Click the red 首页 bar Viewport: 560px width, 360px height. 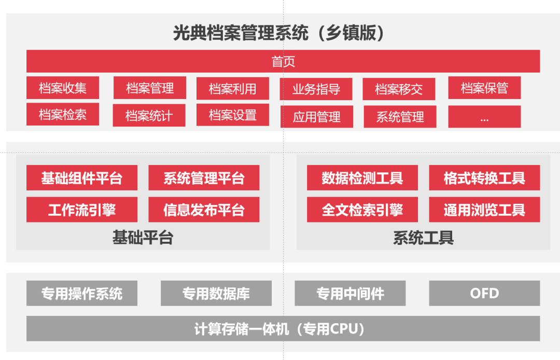(x=283, y=61)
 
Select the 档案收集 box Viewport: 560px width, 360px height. (x=63, y=88)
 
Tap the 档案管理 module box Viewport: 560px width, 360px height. (x=150, y=88)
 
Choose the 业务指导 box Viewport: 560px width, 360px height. (x=316, y=89)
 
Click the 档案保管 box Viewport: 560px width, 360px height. (x=484, y=88)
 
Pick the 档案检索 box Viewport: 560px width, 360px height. (x=63, y=114)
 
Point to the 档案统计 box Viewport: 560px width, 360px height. (x=149, y=115)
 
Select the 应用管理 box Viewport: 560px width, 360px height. (x=317, y=116)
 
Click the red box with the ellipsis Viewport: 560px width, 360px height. (x=484, y=116)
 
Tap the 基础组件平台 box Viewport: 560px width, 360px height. (x=82, y=178)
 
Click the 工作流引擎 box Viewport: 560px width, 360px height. (x=82, y=210)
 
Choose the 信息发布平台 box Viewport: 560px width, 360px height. (x=204, y=210)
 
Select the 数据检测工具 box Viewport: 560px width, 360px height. (x=362, y=178)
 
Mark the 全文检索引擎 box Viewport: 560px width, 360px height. (x=362, y=210)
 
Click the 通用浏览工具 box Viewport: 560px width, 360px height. (x=484, y=210)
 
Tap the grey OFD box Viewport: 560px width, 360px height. (x=484, y=293)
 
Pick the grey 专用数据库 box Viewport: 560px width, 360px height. (x=216, y=293)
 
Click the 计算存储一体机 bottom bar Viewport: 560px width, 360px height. (x=283, y=328)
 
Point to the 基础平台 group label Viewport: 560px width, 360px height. (x=143, y=238)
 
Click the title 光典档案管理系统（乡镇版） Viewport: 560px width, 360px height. (x=278, y=33)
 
